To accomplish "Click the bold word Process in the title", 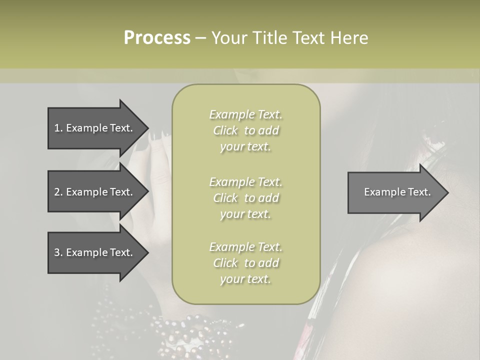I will [x=157, y=38].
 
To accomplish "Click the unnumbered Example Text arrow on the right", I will [x=397, y=192].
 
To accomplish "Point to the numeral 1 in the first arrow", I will [x=56, y=128].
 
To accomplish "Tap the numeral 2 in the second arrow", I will [x=56, y=192].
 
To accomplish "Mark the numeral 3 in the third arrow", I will [x=56, y=252].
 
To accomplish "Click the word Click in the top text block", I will [x=225, y=131].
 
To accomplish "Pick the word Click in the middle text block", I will [x=225, y=198].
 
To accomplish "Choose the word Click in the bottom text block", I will [x=225, y=263].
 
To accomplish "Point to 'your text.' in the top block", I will [x=245, y=147].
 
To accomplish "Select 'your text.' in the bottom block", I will [x=245, y=279].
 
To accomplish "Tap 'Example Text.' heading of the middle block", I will [x=245, y=182].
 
